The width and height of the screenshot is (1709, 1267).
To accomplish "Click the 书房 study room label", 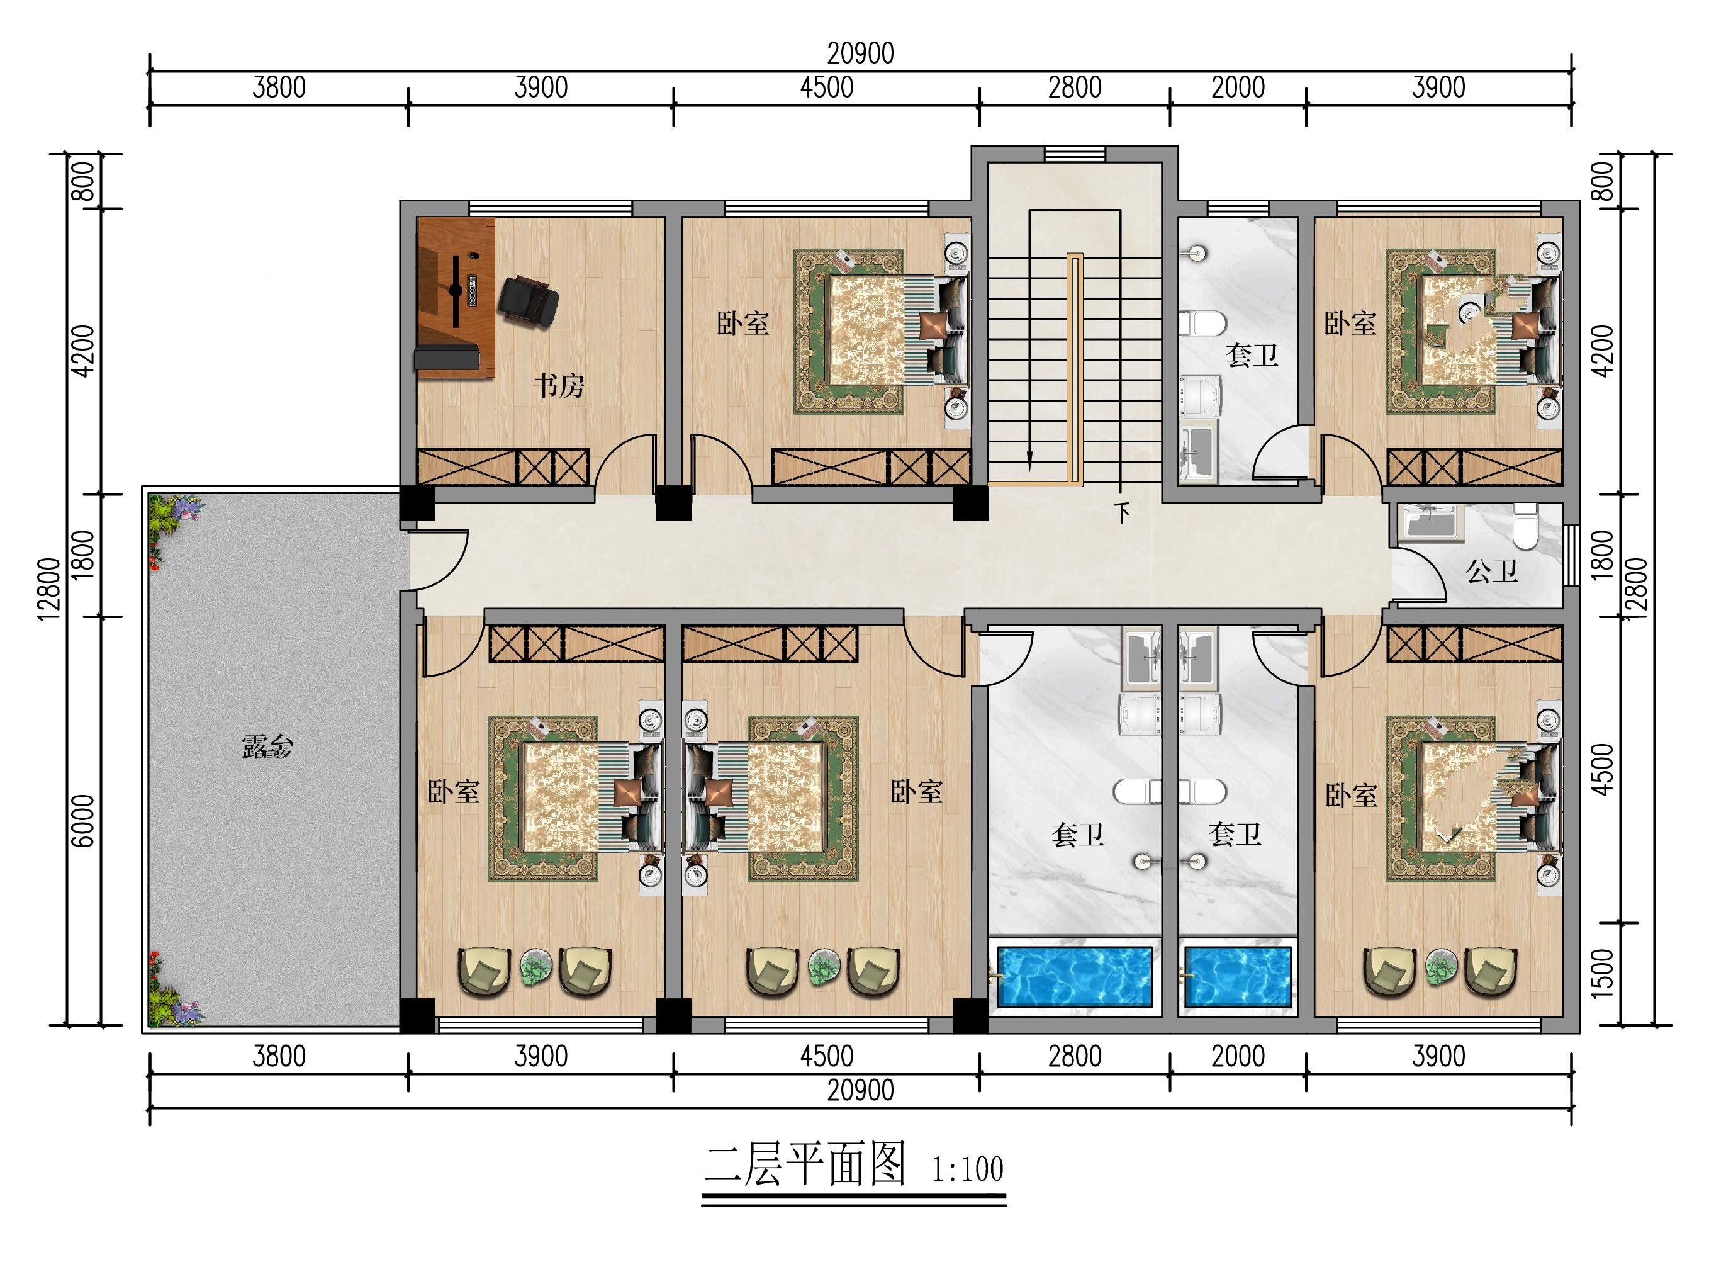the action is click(558, 385).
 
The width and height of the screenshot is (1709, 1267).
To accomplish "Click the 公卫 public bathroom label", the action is click(1491, 571).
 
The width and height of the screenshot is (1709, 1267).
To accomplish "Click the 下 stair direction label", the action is click(1123, 512).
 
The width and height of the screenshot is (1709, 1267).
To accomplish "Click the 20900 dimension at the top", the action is click(860, 53).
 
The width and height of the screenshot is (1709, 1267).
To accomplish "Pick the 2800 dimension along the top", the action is click(1075, 87).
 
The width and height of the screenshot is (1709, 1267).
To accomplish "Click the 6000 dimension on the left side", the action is click(85, 820).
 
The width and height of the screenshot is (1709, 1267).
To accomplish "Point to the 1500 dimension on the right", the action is click(1601, 972).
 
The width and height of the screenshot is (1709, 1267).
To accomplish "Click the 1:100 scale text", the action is click(967, 1169).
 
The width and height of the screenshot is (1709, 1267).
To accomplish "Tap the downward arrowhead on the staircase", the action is click(1029, 460).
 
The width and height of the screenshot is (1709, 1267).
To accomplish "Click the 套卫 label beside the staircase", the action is click(1252, 355).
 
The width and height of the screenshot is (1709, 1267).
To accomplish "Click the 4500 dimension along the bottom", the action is click(827, 1056).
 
